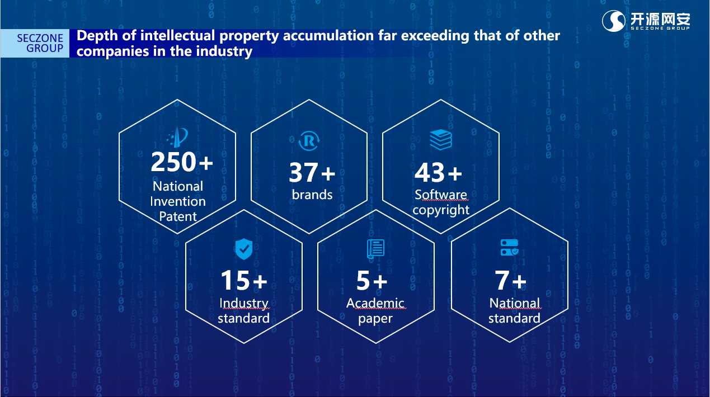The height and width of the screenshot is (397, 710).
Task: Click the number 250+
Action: click(x=182, y=162)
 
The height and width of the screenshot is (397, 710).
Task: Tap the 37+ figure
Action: click(x=312, y=173)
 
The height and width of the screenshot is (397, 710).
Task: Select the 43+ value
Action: click(x=438, y=173)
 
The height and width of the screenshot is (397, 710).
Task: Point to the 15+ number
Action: click(x=243, y=280)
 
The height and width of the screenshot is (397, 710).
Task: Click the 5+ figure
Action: click(x=372, y=281)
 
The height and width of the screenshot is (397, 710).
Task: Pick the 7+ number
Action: click(x=511, y=281)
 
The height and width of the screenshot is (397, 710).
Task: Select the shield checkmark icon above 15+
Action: click(x=243, y=248)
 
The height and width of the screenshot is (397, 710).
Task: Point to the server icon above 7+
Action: click(x=509, y=248)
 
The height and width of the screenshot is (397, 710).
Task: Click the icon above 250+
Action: click(x=178, y=138)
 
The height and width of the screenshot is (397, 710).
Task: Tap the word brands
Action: click(x=312, y=195)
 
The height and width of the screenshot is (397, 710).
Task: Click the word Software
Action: click(x=441, y=195)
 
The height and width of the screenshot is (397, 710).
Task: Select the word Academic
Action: click(x=375, y=303)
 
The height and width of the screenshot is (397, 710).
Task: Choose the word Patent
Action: click(x=178, y=216)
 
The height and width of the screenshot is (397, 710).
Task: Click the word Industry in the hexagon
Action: click(x=243, y=303)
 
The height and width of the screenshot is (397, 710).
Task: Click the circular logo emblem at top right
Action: click(x=614, y=21)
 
